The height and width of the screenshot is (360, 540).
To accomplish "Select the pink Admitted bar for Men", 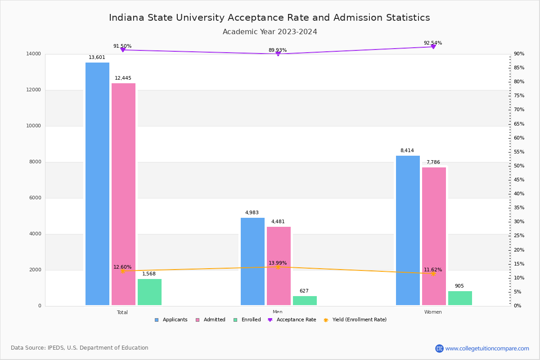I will (x=279, y=266).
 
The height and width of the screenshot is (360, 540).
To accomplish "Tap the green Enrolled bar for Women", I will (x=460, y=298).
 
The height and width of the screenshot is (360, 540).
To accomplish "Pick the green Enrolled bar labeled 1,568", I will (x=149, y=292).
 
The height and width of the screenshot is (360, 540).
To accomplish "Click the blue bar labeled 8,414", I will (x=408, y=230).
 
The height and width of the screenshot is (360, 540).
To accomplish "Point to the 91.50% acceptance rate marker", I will (x=122, y=50).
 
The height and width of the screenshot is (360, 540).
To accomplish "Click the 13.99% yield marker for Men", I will (x=278, y=267).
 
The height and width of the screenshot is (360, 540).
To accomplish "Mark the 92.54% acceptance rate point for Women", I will (x=433, y=47).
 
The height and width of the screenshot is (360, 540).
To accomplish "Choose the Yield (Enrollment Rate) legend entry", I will (x=359, y=320).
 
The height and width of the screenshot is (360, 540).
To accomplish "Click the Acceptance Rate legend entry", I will (x=296, y=320).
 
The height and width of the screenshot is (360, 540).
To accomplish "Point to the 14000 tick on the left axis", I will (x=34, y=54).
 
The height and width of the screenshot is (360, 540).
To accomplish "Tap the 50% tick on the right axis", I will (x=519, y=166).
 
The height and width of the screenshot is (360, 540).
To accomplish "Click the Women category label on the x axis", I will (x=433, y=312).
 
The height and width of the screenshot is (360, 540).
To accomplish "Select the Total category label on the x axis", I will (x=122, y=312).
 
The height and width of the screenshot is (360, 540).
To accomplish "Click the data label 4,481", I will (x=278, y=221).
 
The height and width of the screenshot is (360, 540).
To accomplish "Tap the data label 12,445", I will (x=123, y=78).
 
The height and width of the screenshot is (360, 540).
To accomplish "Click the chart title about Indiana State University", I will (x=270, y=18).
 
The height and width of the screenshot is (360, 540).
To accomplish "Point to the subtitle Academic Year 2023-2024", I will (x=270, y=32).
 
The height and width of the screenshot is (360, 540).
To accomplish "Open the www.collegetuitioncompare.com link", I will (x=487, y=348).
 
